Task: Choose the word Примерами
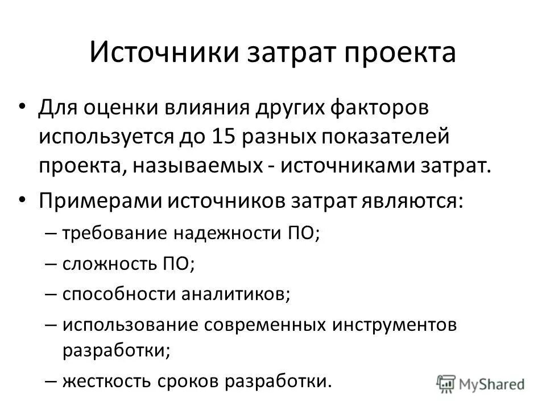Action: point(98,202)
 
